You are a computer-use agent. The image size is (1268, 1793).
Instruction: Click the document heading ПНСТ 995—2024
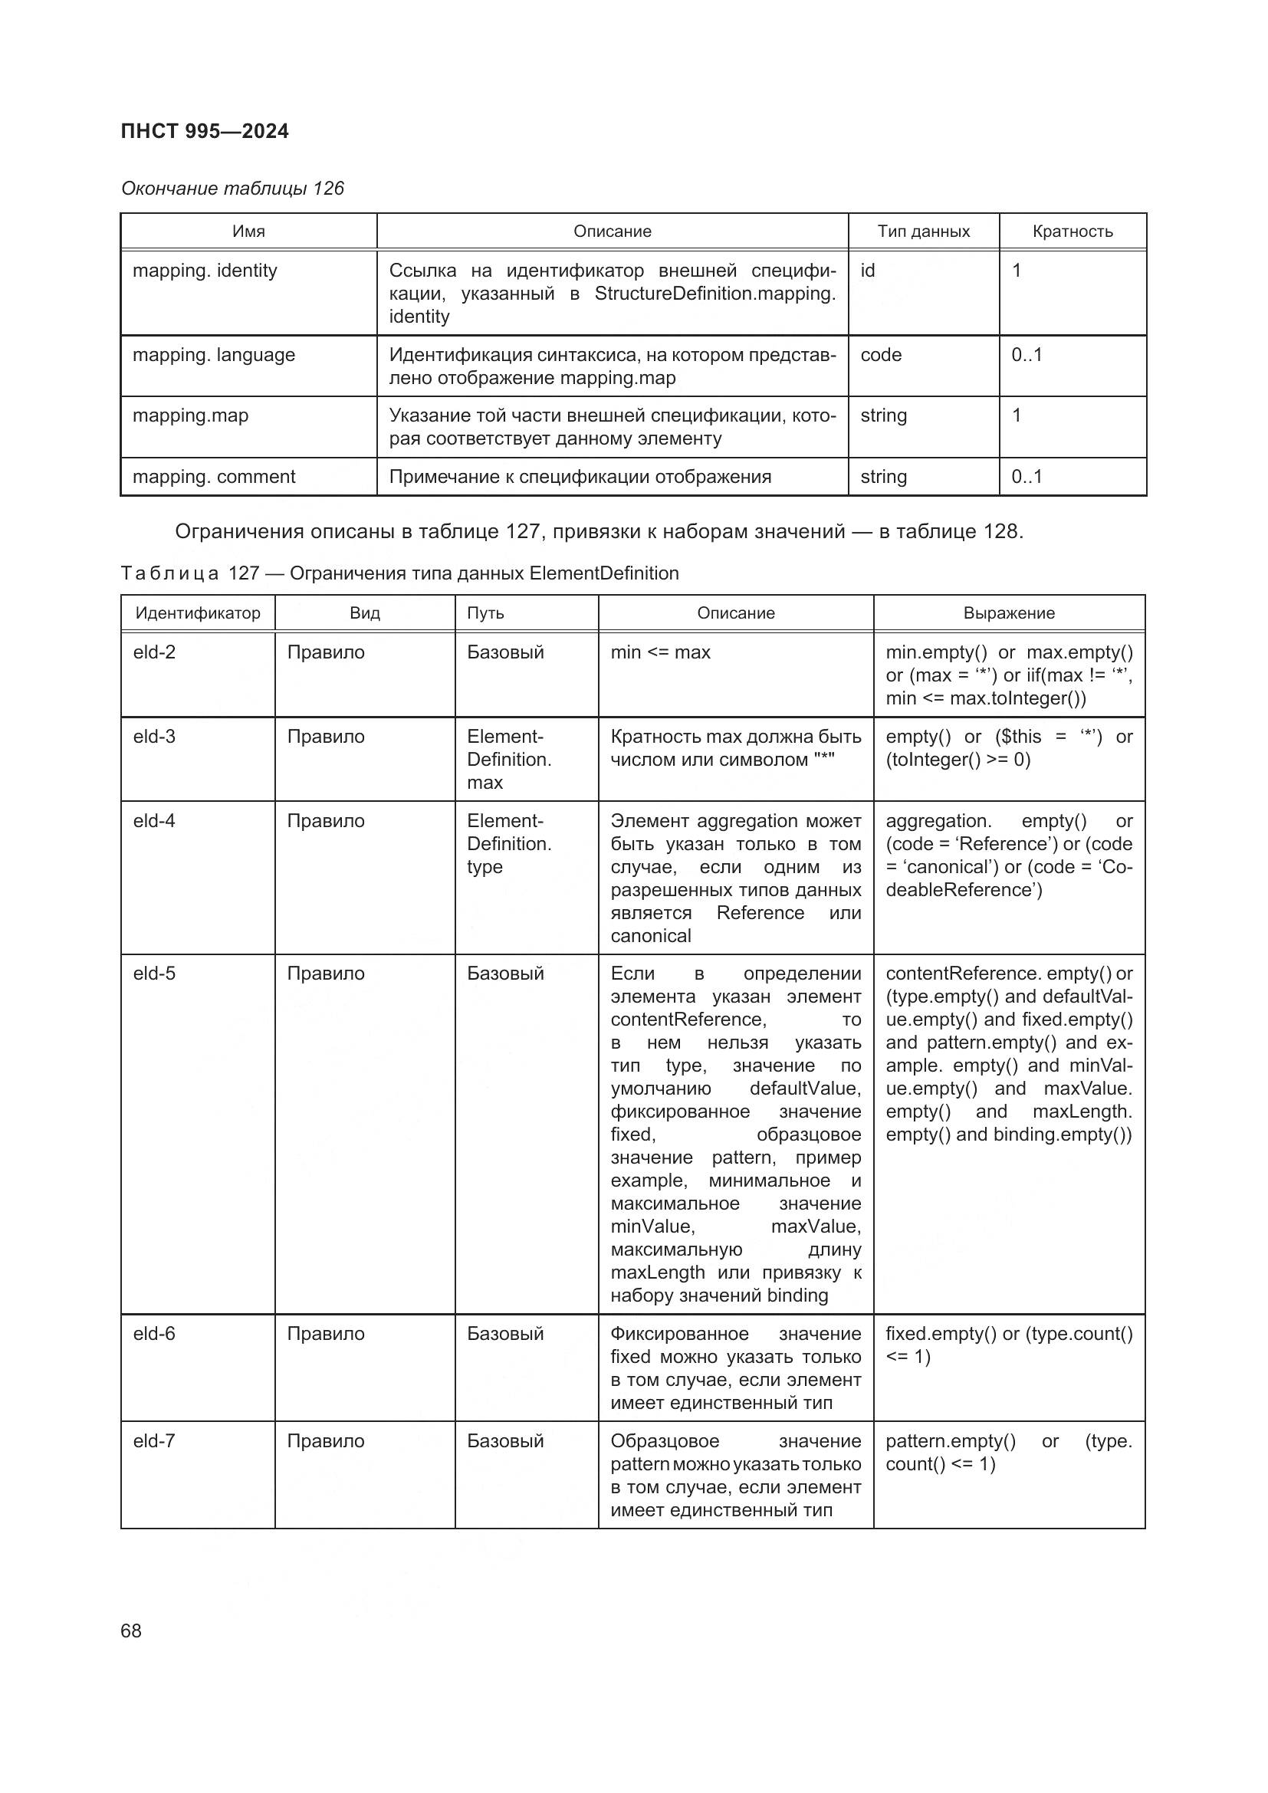pos(205,131)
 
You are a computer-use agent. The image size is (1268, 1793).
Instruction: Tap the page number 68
pos(131,1630)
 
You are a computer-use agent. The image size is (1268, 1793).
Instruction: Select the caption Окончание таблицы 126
pos(232,189)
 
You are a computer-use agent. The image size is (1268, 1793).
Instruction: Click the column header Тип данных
pos(923,232)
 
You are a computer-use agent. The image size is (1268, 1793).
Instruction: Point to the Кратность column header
pos(1072,232)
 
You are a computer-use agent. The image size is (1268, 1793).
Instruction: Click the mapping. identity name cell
pos(205,271)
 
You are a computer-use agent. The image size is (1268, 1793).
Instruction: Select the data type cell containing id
pos(868,271)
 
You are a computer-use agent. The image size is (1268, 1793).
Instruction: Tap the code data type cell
pos(881,356)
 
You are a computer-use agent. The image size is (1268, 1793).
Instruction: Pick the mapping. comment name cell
pos(213,477)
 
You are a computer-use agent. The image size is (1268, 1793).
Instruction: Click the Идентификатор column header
pos(198,613)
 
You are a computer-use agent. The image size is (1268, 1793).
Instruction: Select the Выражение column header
pos(1008,613)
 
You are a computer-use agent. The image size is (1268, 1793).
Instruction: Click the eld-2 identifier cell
pos(154,652)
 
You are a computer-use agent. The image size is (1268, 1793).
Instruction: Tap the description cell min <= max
pos(660,652)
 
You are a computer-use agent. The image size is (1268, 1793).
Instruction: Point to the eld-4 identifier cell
pos(154,821)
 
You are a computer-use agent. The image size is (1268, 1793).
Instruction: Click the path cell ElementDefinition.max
pos(508,759)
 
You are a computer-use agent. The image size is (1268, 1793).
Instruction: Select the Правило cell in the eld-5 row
pos(325,974)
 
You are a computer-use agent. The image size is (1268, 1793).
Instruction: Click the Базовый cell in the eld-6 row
pos(504,1334)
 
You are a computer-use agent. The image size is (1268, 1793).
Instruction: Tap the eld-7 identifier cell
pos(154,1441)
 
